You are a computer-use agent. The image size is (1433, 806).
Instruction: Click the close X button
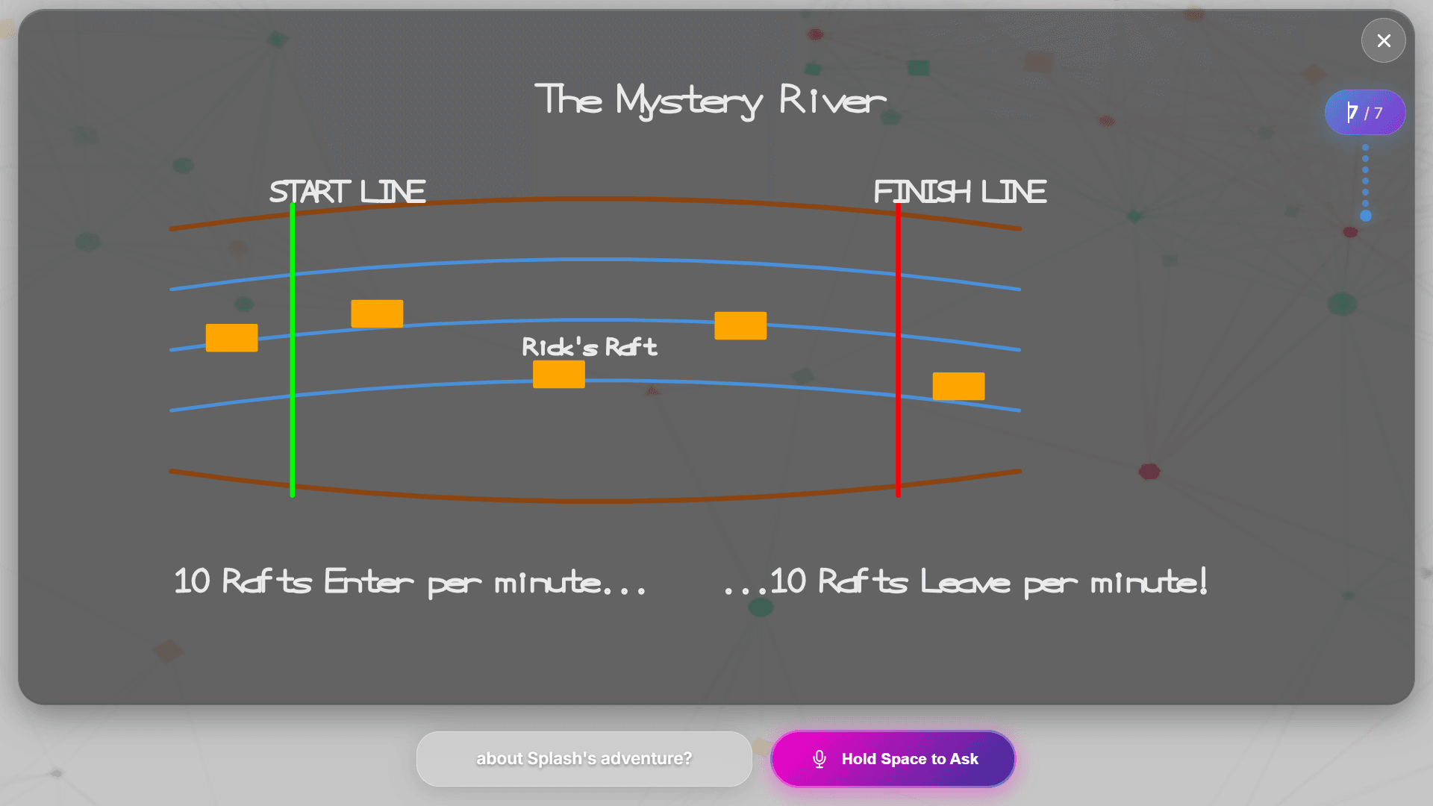click(x=1383, y=40)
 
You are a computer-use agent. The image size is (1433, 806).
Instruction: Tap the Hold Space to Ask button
click(x=893, y=758)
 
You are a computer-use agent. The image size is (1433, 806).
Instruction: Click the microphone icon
click(x=819, y=758)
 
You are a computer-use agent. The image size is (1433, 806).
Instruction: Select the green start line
click(x=293, y=418)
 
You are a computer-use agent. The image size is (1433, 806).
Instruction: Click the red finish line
click(x=898, y=433)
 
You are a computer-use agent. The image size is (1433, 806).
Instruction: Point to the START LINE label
click(x=348, y=192)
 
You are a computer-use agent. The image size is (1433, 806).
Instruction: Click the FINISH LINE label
click(x=960, y=192)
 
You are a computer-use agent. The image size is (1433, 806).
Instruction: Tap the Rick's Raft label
click(x=590, y=347)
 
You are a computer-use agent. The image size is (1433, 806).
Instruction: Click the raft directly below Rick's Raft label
click(x=559, y=374)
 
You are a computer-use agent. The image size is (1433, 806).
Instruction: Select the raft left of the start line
click(x=232, y=337)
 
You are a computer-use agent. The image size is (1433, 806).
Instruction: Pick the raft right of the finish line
click(x=958, y=386)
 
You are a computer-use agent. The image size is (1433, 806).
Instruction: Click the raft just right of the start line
click(x=377, y=313)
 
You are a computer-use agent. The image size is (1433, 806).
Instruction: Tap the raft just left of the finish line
click(x=740, y=325)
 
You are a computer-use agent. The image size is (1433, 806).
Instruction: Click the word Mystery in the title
click(x=688, y=101)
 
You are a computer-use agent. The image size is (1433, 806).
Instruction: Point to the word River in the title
click(x=832, y=99)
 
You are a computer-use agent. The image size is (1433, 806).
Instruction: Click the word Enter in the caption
click(x=369, y=581)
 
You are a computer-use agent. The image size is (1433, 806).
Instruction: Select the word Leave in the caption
click(x=965, y=581)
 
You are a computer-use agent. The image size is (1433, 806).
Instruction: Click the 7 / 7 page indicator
click(x=1365, y=113)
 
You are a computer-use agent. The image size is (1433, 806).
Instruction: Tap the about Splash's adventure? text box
click(x=584, y=758)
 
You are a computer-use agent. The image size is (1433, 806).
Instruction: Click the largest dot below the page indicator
click(x=1366, y=216)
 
